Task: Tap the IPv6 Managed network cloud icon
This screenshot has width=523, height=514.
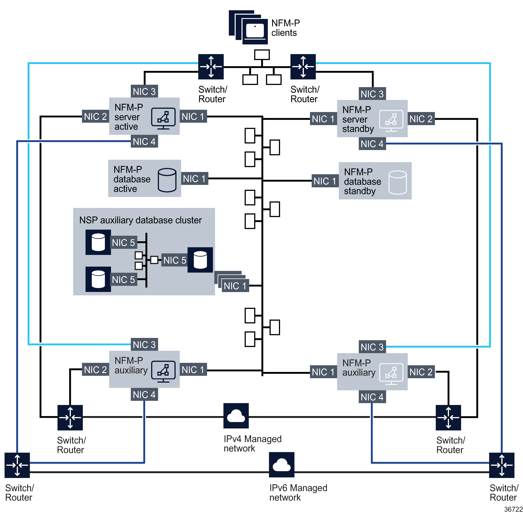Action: (281, 465)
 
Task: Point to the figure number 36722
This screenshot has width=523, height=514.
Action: (513, 509)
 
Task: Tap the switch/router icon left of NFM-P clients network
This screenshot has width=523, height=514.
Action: (211, 67)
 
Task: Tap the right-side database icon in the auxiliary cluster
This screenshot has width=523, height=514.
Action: (200, 260)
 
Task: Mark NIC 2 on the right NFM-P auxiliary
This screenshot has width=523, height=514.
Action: (421, 372)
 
